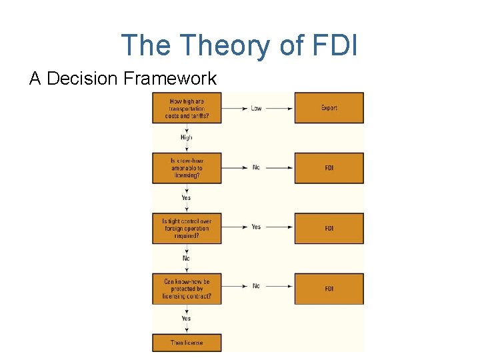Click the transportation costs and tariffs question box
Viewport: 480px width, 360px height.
(x=186, y=108)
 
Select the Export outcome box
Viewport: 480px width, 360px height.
(x=329, y=108)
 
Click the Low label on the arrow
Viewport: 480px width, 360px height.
(x=256, y=108)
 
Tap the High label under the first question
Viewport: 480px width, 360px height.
(x=186, y=137)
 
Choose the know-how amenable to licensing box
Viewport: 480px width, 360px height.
(x=186, y=168)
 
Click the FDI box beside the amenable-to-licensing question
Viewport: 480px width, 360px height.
(x=329, y=168)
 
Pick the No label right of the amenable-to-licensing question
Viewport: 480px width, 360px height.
(x=256, y=167)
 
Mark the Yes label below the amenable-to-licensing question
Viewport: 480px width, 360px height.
(x=186, y=197)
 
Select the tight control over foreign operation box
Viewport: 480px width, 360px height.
(x=186, y=228)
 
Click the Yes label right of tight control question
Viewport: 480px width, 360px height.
(x=256, y=227)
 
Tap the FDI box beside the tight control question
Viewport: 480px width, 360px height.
(x=329, y=228)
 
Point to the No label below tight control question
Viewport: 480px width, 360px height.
(x=186, y=258)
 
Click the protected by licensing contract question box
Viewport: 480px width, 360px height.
(x=186, y=289)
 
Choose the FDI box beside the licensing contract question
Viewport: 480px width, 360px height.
(x=329, y=289)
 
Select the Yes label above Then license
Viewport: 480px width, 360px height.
(x=186, y=319)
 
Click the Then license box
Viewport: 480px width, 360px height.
(x=186, y=343)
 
